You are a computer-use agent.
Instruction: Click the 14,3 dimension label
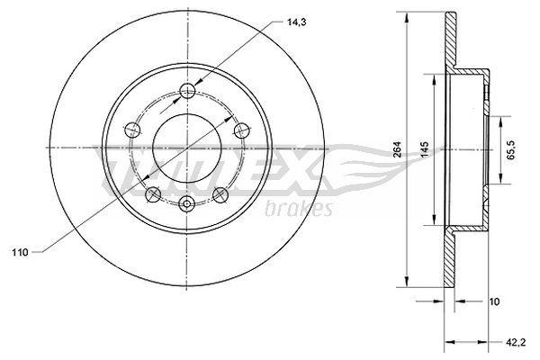tap(296, 22)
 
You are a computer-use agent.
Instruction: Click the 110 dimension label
tap(20, 253)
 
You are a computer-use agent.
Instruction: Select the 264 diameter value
tap(398, 149)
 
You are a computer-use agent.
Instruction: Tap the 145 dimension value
tap(425, 149)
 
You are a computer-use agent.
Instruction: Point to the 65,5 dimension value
tap(510, 150)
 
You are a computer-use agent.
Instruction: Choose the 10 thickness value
tap(494, 301)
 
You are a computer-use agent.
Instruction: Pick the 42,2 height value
tap(515, 342)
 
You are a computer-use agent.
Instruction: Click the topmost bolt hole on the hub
tap(188, 91)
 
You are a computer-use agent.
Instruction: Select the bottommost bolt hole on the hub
tap(187, 203)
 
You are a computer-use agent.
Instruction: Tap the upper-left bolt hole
tap(132, 130)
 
